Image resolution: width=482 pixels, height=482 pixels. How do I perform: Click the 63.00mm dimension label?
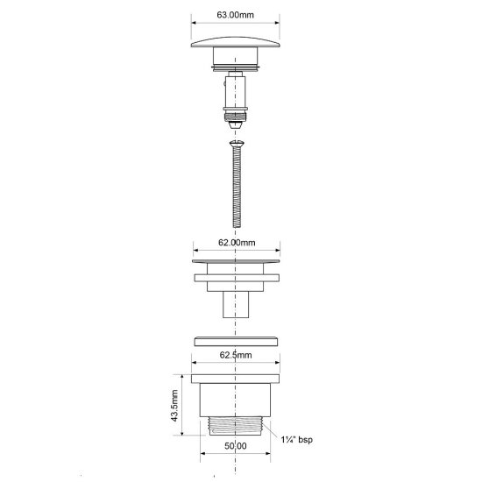point(235,15)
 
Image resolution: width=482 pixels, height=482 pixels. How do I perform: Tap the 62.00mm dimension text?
point(237,243)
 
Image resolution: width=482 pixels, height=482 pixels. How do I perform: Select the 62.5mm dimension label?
point(236,355)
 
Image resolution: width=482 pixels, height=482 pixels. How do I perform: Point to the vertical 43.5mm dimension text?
point(174,406)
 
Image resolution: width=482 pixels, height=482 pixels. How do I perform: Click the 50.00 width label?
point(236,446)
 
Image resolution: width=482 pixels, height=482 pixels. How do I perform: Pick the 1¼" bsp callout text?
point(296,439)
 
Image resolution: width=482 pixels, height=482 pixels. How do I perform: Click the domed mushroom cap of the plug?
point(236,42)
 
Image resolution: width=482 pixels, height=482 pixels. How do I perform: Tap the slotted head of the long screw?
point(237,143)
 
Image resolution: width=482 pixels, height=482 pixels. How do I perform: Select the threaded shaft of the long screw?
point(237,187)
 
